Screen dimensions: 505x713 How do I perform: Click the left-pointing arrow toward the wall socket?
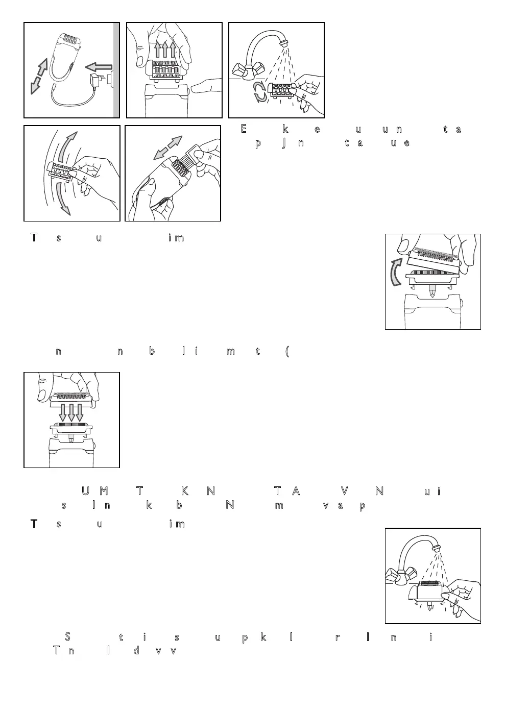99,66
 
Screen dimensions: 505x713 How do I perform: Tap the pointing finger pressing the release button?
204,87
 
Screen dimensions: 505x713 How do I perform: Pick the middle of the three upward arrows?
165,51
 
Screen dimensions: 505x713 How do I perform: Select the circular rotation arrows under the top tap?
260,93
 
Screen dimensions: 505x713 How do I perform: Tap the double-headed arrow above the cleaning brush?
168,147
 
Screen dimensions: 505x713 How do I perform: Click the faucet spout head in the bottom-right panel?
436,547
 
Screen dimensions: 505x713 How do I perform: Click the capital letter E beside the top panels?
244,129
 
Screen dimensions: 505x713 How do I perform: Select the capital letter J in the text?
283,142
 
